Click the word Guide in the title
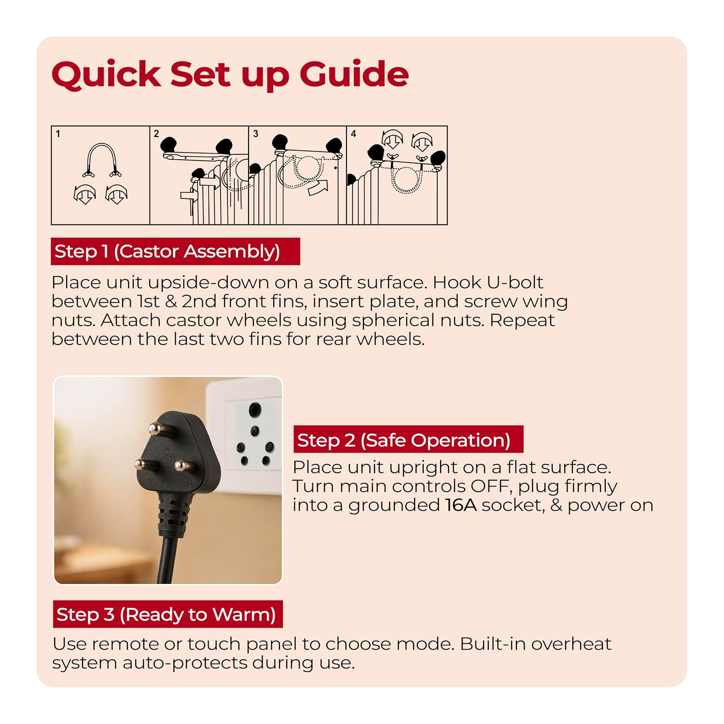click(354, 75)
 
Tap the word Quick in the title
click(106, 75)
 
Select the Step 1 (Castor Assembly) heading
click(175, 251)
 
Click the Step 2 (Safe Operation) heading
click(408, 440)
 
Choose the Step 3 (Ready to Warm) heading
click(167, 614)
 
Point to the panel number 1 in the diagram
click(58, 134)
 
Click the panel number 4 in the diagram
click(353, 134)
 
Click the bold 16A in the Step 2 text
click(461, 505)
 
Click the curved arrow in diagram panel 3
click(318, 187)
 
